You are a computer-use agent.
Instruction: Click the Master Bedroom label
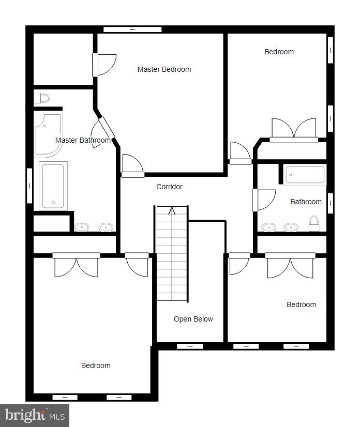coord(164,69)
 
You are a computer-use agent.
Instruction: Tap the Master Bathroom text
coord(83,140)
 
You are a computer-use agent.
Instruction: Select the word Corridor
coord(169,187)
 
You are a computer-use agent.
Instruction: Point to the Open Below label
coord(193,319)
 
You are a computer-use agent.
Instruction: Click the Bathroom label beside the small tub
coord(306,202)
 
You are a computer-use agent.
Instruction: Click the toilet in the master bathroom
coord(41,98)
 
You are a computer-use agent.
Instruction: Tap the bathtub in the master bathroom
coord(52,186)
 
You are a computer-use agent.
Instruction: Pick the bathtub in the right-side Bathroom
coord(305,175)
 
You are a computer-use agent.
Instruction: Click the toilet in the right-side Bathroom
coord(314,224)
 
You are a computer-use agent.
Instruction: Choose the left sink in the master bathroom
coord(82,227)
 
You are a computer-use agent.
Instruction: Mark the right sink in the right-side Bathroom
coord(291,227)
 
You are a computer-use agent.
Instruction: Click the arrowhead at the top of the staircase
coord(172,210)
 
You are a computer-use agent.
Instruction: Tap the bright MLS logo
coord(34,415)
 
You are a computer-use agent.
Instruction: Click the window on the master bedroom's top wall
coord(132,29)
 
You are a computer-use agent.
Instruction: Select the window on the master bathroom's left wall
coord(29,185)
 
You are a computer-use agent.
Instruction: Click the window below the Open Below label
coord(190,346)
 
